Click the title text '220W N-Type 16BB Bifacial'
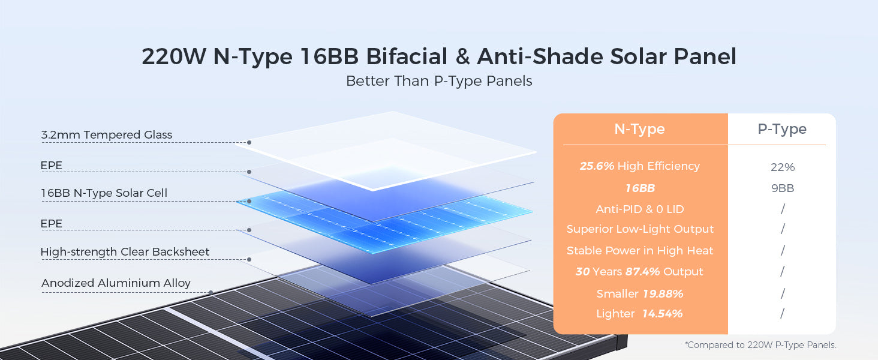coord(294,56)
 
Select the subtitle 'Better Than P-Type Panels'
coord(439,81)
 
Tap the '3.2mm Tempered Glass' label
coord(107,134)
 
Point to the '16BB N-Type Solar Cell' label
coord(104,193)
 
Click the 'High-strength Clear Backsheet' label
coord(125,251)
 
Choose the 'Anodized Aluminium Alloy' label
coord(116,283)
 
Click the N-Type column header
coord(639,129)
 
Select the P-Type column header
coord(782,129)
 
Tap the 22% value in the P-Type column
coord(783,167)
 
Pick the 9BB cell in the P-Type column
coord(783,188)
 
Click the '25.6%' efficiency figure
coord(597,166)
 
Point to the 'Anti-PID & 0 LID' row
coord(640,209)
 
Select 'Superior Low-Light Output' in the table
coord(640,229)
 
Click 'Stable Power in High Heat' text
coord(640,250)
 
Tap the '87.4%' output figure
coord(642,271)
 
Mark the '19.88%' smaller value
coord(663,294)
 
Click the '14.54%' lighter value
coord(663,313)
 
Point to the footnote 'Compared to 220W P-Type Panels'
coord(761,345)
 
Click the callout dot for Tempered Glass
coord(249,142)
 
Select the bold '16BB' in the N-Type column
coord(640,188)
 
